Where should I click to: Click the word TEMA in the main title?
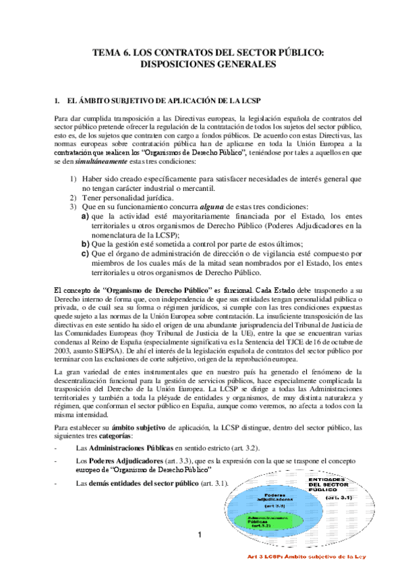pyautogui.click(x=107, y=53)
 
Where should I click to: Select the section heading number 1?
pyautogui.click(x=56, y=101)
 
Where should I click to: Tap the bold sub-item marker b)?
pyautogui.click(x=85, y=244)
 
